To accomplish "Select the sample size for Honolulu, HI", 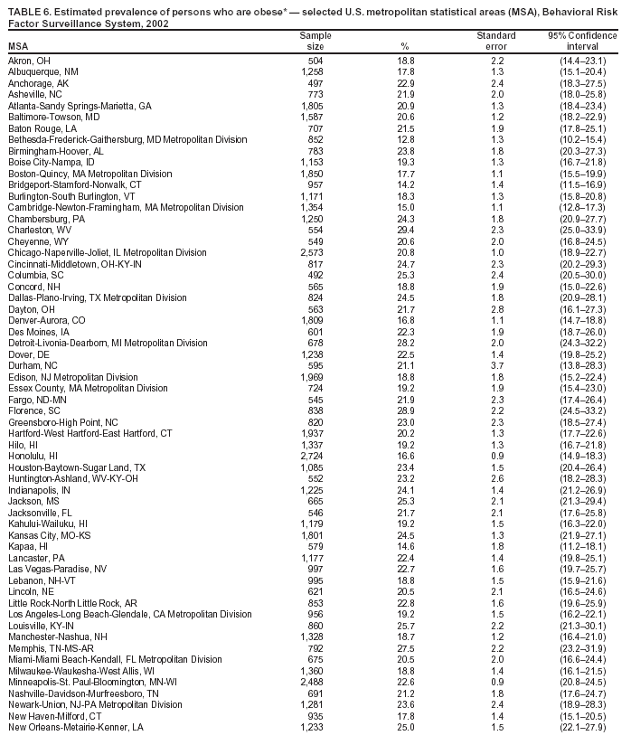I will (x=311, y=456).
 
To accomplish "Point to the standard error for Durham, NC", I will (x=497, y=366).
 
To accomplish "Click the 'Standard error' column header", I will (x=496, y=41).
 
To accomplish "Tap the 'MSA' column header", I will (x=18, y=46).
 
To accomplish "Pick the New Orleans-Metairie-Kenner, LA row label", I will (x=76, y=726).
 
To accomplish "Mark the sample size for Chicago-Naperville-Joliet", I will (x=311, y=253).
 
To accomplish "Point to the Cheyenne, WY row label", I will (x=33, y=241).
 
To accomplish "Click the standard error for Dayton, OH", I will (x=497, y=309).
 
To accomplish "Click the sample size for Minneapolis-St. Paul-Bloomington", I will (x=311, y=681).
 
